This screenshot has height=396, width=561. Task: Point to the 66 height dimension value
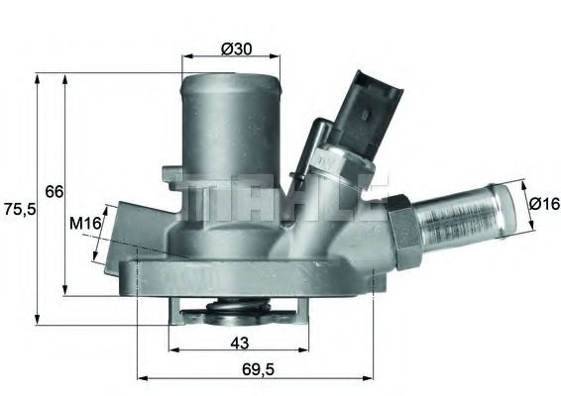click(54, 190)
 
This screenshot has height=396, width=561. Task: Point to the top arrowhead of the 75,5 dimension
click(37, 76)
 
